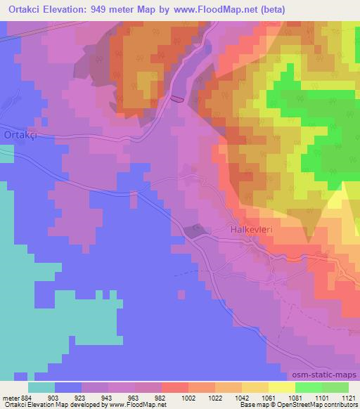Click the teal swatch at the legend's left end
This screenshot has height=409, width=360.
point(41,387)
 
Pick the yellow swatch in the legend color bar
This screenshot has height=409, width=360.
point(281,387)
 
